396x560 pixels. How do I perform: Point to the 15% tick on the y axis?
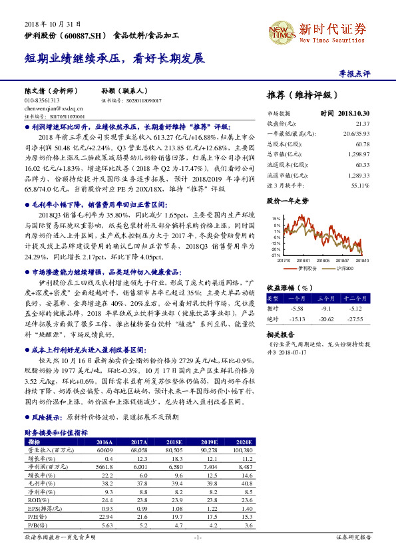pos(276,218)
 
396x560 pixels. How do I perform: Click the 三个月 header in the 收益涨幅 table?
pos(326,299)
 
